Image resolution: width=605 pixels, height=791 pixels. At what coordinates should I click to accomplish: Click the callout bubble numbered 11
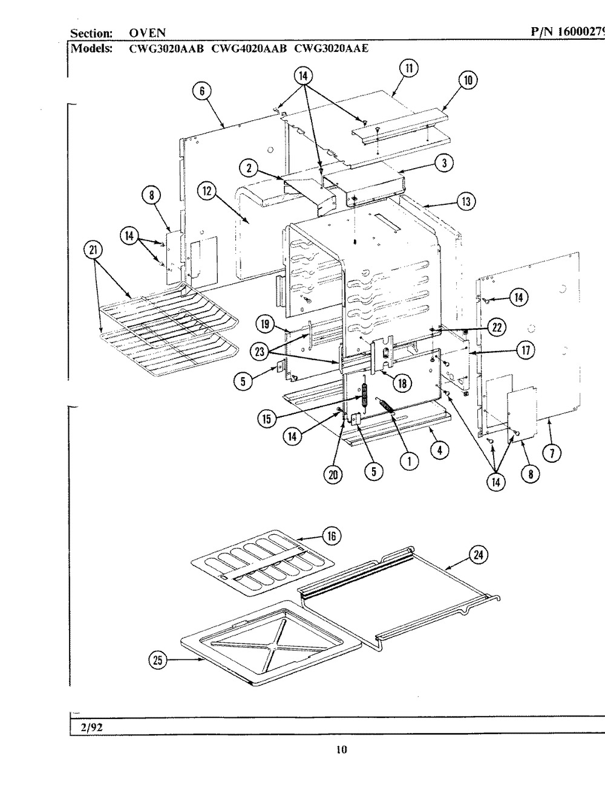tap(410, 68)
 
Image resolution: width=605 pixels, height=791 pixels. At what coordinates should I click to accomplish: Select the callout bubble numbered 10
tap(468, 80)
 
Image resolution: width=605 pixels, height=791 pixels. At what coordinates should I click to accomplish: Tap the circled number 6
tap(202, 91)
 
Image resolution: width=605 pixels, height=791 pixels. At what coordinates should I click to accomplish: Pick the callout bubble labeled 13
tap(465, 202)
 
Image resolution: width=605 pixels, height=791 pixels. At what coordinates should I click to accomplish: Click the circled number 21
tap(95, 250)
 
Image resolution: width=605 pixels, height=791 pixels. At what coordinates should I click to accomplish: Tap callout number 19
tap(264, 325)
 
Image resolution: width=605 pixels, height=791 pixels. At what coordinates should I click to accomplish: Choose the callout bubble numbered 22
tap(495, 327)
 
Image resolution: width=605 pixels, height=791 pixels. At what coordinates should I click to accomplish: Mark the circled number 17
tap(517, 349)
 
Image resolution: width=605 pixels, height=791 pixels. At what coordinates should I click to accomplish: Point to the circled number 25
tap(158, 661)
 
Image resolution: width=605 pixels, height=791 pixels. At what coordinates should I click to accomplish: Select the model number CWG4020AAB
tap(248, 49)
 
